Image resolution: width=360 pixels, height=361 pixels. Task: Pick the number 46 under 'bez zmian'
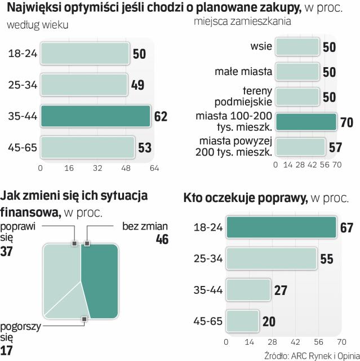coord(162,239)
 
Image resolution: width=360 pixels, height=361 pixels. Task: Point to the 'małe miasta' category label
coord(243,72)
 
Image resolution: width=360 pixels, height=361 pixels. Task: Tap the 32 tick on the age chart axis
coord(98,168)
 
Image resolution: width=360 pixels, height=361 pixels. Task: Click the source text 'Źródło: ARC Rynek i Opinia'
coord(311,355)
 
